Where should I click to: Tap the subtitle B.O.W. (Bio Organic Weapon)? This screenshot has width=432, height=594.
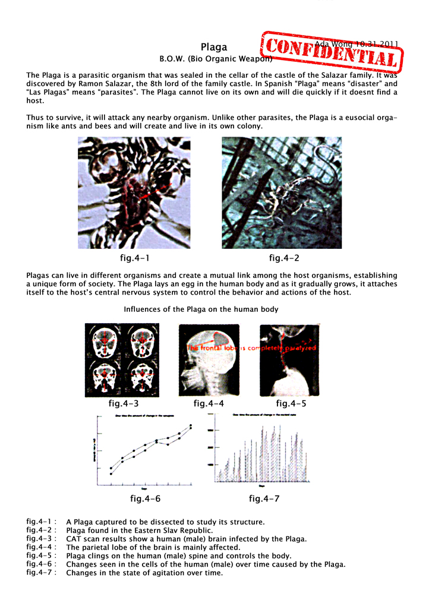216,59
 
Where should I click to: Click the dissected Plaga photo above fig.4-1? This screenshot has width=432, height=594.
134,192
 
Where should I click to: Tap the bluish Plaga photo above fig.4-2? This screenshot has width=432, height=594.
282,192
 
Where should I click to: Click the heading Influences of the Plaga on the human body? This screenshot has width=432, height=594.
201,309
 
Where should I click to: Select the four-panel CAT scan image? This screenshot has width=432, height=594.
122,360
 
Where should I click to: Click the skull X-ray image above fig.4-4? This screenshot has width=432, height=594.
210,360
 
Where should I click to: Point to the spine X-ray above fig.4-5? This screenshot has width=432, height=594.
288,360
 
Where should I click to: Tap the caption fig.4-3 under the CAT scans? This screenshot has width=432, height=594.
123,404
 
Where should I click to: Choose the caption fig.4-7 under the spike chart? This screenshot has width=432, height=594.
264,498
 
